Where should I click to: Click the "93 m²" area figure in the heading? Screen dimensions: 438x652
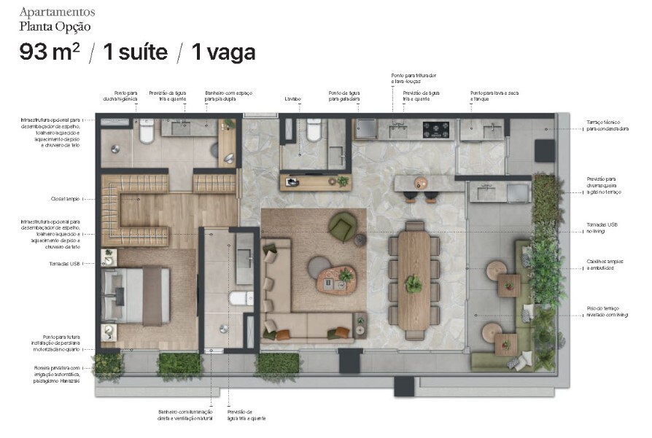click(50, 52)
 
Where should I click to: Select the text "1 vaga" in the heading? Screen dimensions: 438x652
click(222, 52)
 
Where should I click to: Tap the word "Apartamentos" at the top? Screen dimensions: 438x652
click(57, 12)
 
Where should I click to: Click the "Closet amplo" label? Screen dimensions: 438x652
click(66, 198)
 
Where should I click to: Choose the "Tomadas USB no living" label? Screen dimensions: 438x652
click(601, 227)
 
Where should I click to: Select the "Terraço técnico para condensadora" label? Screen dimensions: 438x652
click(607, 125)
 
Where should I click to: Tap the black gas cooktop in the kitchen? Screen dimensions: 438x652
click(436, 130)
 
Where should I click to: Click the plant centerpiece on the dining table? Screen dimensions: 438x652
click(414, 283)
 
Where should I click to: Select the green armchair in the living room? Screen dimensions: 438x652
click(341, 226)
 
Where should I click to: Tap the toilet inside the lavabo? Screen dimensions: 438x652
click(314, 130)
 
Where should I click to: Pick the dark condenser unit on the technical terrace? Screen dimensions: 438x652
click(544, 151)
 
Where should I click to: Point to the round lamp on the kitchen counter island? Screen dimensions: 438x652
click(421, 182)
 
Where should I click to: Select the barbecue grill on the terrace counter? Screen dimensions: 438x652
click(517, 192)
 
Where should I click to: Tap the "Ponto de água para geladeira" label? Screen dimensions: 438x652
click(344, 95)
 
